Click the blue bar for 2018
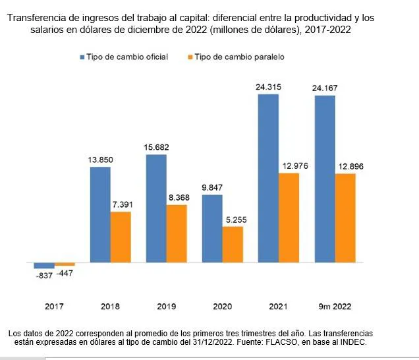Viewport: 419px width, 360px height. pyautogui.click(x=100, y=214)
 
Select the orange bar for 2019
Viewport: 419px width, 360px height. pyautogui.click(x=177, y=233)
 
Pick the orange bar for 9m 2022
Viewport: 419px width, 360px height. pyautogui.click(x=345, y=218)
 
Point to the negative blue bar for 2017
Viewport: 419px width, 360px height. pyautogui.click(x=44, y=265)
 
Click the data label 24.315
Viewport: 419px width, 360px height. pyautogui.click(x=269, y=87)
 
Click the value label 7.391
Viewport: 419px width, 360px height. pyautogui.click(x=121, y=204)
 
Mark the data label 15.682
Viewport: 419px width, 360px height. pyautogui.click(x=156, y=147)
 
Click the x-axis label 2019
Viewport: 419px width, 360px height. pyautogui.click(x=167, y=307)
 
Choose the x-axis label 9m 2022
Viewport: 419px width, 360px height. pyautogui.click(x=335, y=307)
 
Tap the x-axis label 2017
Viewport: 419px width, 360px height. pyautogui.click(x=55, y=307)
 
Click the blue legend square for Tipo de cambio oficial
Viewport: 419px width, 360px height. pyautogui.click(x=82, y=57)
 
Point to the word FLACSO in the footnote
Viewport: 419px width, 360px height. pyautogui.click(x=284, y=342)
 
